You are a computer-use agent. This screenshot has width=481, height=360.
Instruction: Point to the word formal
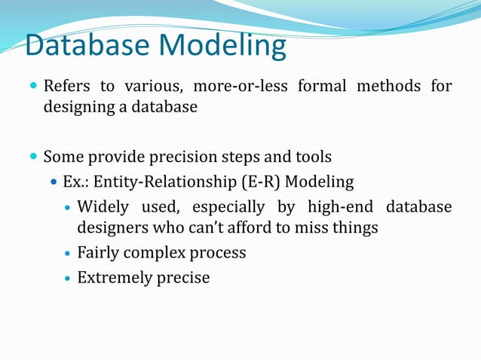coord(321,87)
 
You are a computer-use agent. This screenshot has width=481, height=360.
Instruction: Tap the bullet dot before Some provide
coord(33,157)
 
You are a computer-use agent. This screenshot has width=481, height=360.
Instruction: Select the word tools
coord(311,157)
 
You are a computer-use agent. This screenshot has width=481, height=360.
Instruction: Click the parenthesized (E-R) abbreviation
coord(258,182)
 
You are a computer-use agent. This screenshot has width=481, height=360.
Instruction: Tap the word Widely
coord(103,206)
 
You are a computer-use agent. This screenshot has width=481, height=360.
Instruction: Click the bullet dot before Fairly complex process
coord(68,253)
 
